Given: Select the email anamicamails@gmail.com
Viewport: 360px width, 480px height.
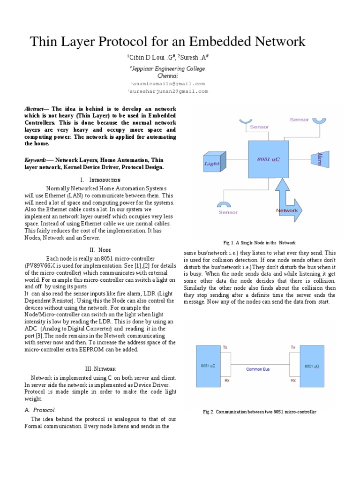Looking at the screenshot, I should (167, 83).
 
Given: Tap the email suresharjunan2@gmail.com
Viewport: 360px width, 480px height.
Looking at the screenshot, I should (167, 91).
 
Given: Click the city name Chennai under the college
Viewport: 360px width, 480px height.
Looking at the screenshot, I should (167, 75).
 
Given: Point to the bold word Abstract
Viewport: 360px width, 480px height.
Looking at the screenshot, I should (36, 109).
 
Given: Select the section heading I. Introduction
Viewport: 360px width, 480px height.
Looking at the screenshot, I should (100, 180).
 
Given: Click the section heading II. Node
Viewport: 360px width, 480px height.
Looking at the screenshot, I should (100, 250).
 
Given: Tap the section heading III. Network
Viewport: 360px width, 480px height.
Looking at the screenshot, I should (100, 369).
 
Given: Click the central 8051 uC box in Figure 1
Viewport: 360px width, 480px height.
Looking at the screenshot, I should (269, 159).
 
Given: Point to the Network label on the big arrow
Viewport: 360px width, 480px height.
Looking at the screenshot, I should (287, 210).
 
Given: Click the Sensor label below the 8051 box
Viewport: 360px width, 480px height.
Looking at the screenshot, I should (228, 212).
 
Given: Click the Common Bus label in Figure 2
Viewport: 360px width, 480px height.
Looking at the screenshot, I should (258, 369).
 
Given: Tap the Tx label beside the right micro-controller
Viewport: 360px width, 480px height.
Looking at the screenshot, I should (293, 347).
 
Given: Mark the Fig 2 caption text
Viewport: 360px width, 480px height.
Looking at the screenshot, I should (259, 412).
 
